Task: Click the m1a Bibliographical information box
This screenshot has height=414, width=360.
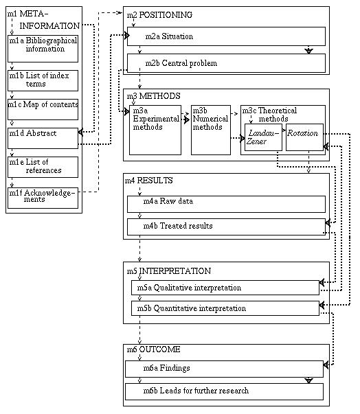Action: tap(43, 49)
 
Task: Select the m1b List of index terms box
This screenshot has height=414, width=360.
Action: tap(43, 80)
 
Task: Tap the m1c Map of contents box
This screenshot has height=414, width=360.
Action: tap(43, 110)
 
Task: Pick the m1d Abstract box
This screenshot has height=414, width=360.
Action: tap(43, 139)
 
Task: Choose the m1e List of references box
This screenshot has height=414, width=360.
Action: tap(43, 167)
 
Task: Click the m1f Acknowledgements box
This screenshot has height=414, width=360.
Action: tap(43, 198)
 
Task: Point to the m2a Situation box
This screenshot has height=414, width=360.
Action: tap(226, 36)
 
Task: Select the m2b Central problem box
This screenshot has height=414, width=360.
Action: tap(226, 63)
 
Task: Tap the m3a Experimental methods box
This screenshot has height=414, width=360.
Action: tap(155, 130)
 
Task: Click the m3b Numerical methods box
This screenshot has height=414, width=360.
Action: tap(211, 130)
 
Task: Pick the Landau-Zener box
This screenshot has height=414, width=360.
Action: tap(263, 137)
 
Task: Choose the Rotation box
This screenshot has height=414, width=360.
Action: tap(304, 137)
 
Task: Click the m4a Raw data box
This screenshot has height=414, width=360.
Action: tap(226, 204)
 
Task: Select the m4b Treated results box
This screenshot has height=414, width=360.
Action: tap(226, 227)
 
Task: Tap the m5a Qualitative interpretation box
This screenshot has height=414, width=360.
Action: tap(225, 288)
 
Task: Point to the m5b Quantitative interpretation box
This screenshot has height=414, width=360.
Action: tap(225, 308)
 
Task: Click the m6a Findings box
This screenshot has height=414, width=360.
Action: tap(224, 369)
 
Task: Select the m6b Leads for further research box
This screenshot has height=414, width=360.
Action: tap(224, 392)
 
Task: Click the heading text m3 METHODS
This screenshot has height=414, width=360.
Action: tap(153, 96)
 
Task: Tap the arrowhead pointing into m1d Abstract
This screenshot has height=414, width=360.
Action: tap(80, 132)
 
